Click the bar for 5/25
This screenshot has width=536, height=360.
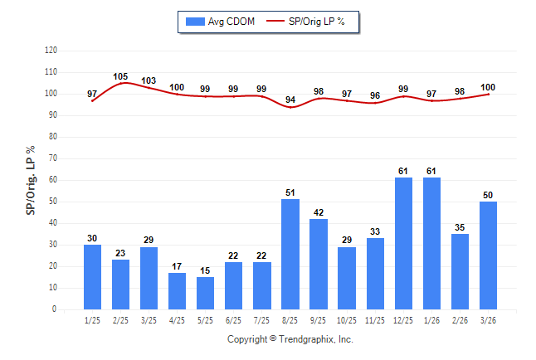click(x=206, y=293)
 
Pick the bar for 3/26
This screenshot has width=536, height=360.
click(x=488, y=255)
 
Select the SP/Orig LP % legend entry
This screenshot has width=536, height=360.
click(x=312, y=21)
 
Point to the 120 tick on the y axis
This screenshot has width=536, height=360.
click(x=51, y=50)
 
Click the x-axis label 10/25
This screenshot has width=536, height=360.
click(x=347, y=320)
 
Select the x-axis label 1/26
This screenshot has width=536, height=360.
click(x=431, y=320)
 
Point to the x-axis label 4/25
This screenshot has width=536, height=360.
click(x=178, y=320)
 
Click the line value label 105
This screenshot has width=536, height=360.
click(x=120, y=76)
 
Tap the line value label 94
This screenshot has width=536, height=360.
click(x=290, y=100)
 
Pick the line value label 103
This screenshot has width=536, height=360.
click(x=149, y=80)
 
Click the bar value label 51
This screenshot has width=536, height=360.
click(x=290, y=192)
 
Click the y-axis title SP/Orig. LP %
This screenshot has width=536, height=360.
click(x=31, y=179)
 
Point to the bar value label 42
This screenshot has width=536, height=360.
click(x=319, y=212)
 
